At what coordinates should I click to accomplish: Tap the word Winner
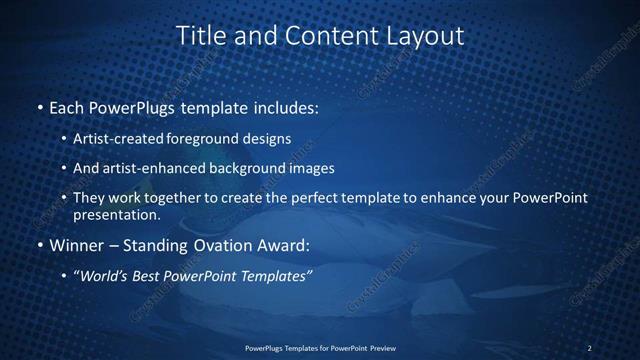(x=74, y=245)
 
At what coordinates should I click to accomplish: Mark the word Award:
(x=283, y=245)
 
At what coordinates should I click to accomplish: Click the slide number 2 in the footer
(x=589, y=348)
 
